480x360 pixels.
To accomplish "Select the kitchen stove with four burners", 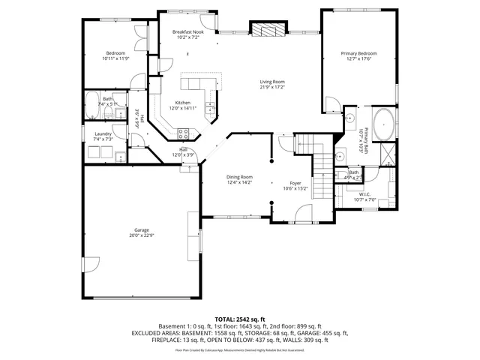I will (182, 133).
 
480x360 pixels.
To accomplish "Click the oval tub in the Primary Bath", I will (384, 123).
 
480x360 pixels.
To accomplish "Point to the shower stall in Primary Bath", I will (388, 154).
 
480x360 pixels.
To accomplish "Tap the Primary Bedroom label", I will (358, 53).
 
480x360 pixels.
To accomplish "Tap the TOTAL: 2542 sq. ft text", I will (240, 319).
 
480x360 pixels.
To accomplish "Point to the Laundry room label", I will (103, 134).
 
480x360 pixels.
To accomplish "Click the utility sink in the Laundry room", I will (120, 157).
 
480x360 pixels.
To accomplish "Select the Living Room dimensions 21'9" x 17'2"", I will (272, 87).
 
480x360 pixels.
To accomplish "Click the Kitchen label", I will (183, 103).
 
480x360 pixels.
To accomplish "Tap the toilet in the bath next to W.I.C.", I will (341, 175).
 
